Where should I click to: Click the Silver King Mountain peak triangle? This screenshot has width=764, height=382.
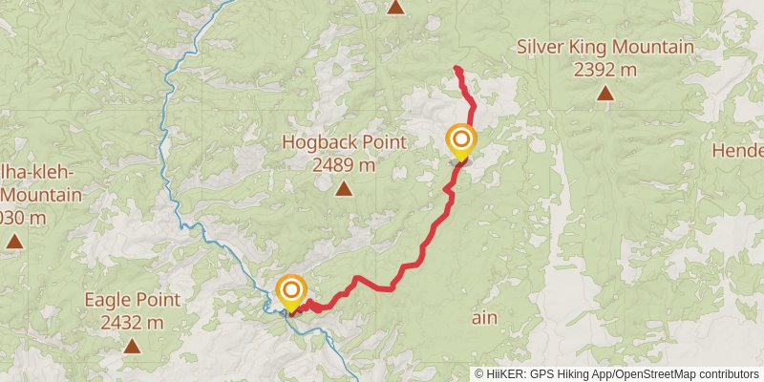pyautogui.click(x=605, y=93)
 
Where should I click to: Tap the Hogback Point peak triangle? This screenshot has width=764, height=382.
pyautogui.click(x=343, y=188)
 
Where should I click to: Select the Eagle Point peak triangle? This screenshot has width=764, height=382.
pyautogui.click(x=131, y=346)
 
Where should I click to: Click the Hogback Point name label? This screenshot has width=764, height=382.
pyautogui.click(x=343, y=142)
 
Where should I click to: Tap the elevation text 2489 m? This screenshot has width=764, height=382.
pyautogui.click(x=343, y=164)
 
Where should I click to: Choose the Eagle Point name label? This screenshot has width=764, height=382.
pyautogui.click(x=131, y=300)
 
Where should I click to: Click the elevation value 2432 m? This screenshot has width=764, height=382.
pyautogui.click(x=131, y=323)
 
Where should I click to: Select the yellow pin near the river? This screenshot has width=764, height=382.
pyautogui.click(x=290, y=291)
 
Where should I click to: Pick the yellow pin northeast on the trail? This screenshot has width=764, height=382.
pyautogui.click(x=460, y=141)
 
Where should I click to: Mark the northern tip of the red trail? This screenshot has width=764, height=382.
pyautogui.click(x=456, y=68)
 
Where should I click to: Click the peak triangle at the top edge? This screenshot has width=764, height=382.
pyautogui.click(x=395, y=8)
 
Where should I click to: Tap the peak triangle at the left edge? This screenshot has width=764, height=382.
pyautogui.click(x=14, y=241)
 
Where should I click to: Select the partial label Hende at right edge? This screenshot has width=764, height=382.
pyautogui.click(x=744, y=150)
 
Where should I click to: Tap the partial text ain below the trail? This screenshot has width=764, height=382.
pyautogui.click(x=482, y=317)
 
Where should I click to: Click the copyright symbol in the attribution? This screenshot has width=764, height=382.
pyautogui.click(x=479, y=373)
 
